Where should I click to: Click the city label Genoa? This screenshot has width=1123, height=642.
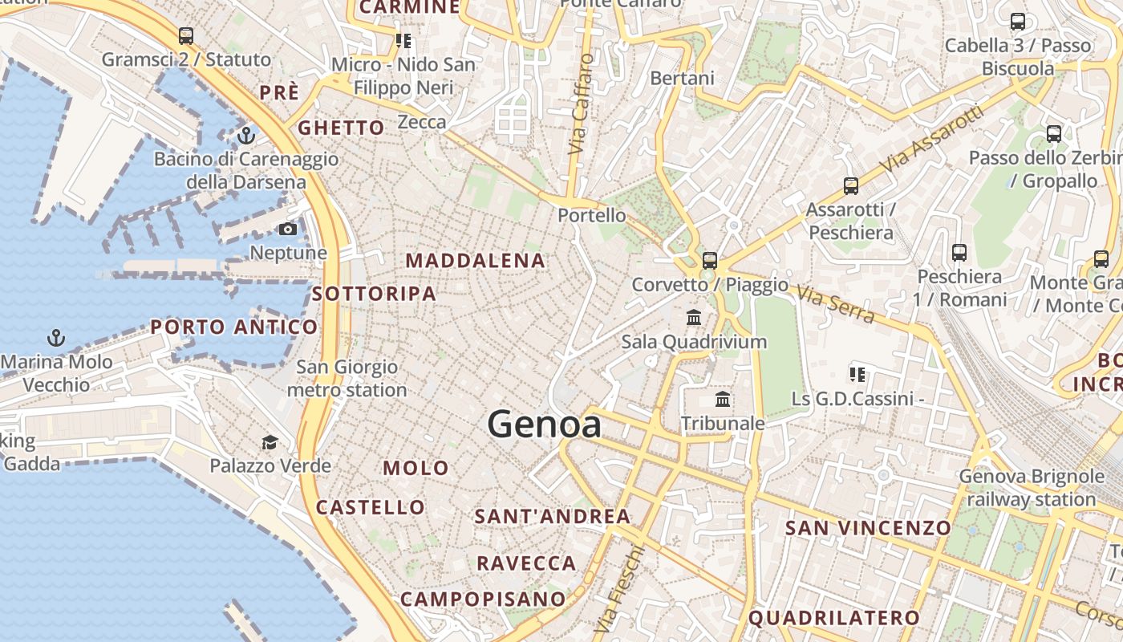click(x=545, y=424)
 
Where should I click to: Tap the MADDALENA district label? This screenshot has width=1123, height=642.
click(x=476, y=261)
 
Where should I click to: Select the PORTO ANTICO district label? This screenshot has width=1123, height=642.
click(x=234, y=327)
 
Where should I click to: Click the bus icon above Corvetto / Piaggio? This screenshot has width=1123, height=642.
click(x=710, y=260)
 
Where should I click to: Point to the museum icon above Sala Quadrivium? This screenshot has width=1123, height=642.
click(x=694, y=318)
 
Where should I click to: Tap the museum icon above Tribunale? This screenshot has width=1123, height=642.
click(x=723, y=399)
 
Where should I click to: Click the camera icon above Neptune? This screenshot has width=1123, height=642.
click(x=288, y=230)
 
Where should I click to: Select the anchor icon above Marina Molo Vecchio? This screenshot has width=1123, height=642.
click(x=56, y=337)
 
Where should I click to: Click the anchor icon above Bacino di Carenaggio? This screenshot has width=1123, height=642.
click(x=246, y=135)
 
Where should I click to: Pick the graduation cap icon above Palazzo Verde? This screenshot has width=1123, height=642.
click(x=270, y=442)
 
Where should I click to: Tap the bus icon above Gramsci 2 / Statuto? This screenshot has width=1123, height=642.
click(x=186, y=36)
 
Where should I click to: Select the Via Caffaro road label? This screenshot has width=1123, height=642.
click(x=582, y=104)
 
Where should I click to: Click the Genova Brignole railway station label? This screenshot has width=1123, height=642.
click(x=1032, y=488)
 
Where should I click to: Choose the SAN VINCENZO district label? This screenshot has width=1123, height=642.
click(x=868, y=528)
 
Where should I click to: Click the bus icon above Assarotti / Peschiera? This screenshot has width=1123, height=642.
click(x=851, y=186)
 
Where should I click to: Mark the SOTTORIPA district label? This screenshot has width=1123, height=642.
click(x=374, y=294)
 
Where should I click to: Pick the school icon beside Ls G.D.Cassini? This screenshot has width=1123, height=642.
click(x=857, y=374)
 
